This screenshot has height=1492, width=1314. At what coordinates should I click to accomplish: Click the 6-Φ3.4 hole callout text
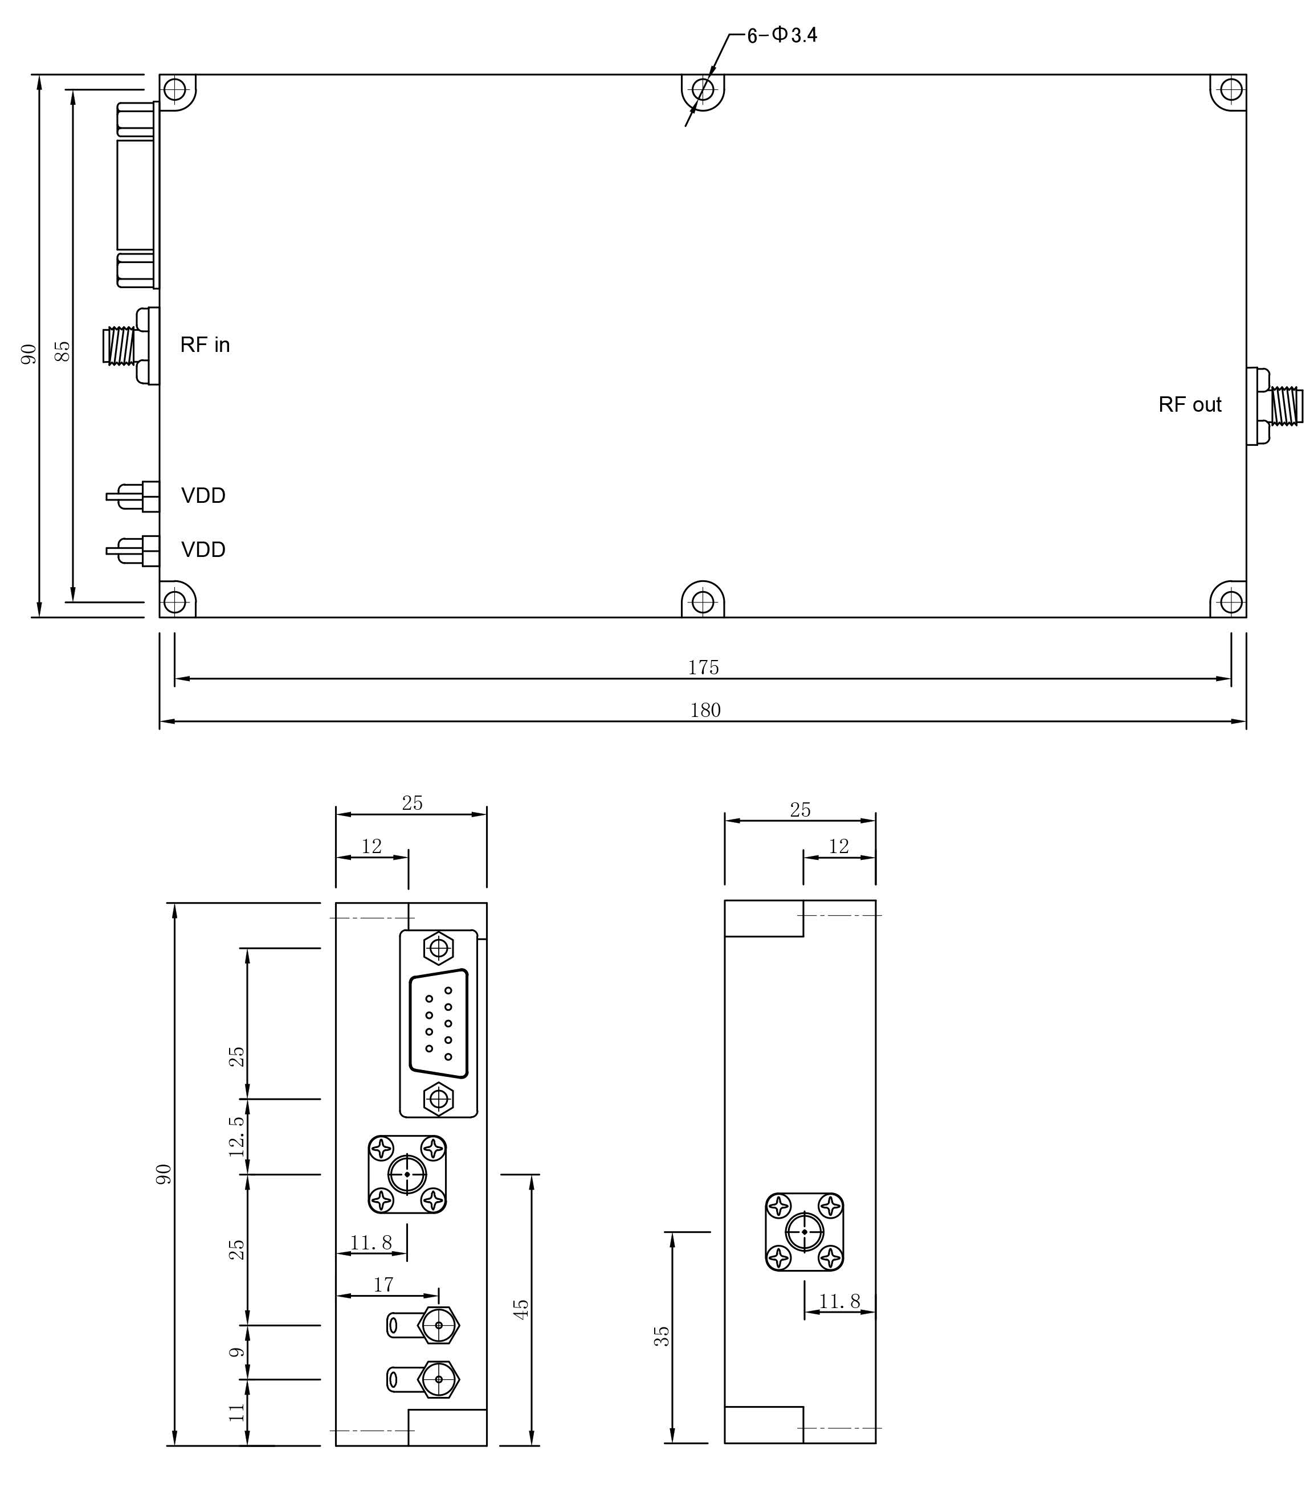coord(782,35)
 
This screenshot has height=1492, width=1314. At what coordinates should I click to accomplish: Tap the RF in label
coord(205,345)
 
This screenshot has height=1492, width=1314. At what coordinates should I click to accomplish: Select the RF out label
coord(1189,404)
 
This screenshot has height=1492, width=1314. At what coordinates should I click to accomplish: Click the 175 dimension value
coord(703,667)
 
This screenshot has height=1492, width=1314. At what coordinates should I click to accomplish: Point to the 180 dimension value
coord(705,710)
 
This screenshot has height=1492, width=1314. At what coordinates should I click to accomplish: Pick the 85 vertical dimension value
coord(64,350)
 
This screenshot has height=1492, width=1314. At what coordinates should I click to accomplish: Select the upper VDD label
coord(203,495)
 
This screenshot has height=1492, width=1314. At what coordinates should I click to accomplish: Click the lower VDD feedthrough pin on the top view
coord(133,550)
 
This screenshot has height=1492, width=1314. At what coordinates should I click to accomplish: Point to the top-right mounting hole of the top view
coord(1231,90)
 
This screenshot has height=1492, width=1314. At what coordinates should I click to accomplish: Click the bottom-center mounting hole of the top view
coord(703,602)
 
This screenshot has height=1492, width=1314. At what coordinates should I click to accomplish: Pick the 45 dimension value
coord(521,1309)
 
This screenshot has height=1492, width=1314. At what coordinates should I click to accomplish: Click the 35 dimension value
coord(661,1336)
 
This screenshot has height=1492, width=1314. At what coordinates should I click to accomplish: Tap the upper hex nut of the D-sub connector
coord(438,948)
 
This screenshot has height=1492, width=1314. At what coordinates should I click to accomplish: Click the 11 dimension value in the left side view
coord(236,1412)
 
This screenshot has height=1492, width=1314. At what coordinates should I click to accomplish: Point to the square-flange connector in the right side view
coord(804,1231)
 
